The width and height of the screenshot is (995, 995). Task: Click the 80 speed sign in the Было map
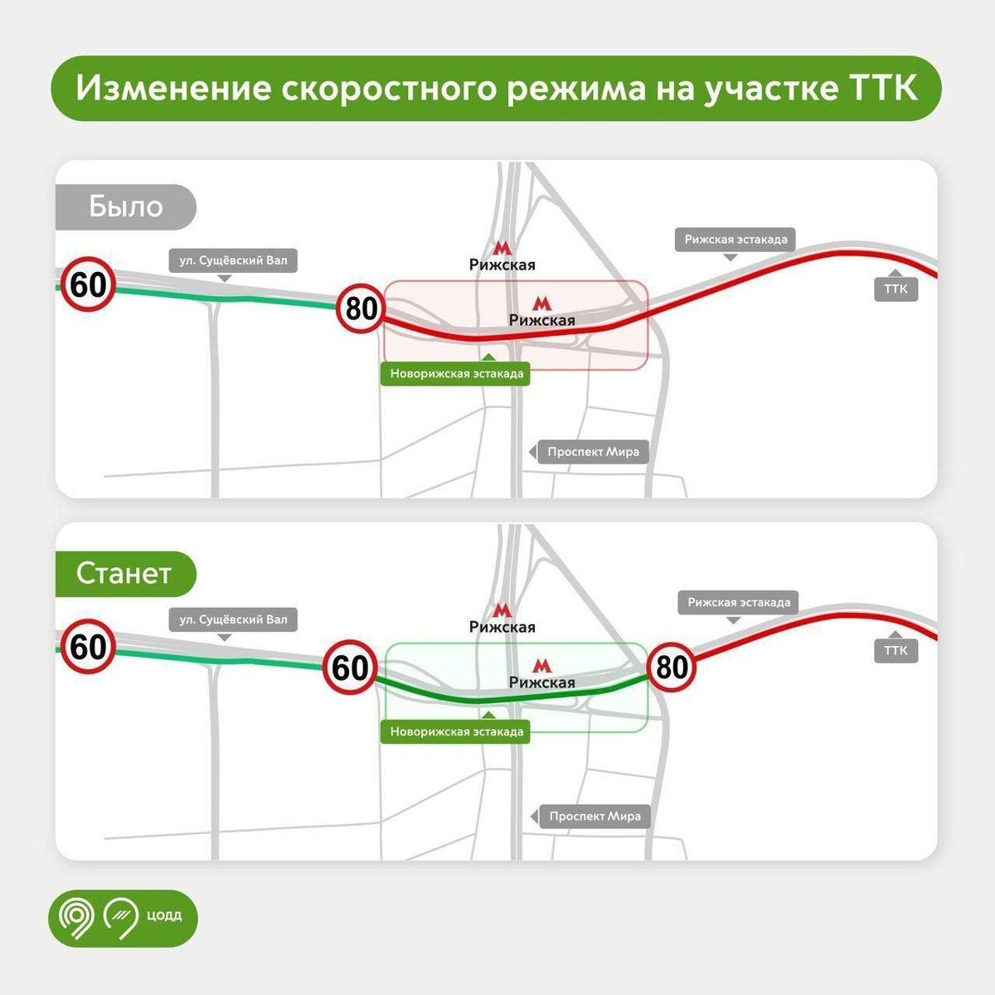point(362,308)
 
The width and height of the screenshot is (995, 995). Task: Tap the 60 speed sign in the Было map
point(88,285)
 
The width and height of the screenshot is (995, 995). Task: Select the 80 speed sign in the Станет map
point(672,667)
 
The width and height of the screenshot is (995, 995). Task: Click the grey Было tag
point(126,206)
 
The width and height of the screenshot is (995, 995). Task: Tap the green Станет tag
point(124,573)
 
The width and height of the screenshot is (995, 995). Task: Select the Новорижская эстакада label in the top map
point(457,374)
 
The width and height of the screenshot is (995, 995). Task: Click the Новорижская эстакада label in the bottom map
point(457,731)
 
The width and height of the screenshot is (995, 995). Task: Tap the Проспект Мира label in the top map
point(593,452)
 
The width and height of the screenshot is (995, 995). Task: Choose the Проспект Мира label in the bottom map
point(595,816)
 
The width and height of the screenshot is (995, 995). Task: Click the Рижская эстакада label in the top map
point(735,240)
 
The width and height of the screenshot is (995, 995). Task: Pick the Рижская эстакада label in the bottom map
point(738,602)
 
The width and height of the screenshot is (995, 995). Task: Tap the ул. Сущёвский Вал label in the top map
point(233,260)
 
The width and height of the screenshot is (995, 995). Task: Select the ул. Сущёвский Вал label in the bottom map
point(233,619)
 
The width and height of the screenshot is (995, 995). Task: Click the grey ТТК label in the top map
point(895,289)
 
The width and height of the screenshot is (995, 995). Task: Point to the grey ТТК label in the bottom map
point(895,650)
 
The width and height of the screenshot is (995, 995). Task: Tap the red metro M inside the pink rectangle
point(541,303)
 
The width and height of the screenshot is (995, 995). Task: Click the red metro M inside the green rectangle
point(541,665)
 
